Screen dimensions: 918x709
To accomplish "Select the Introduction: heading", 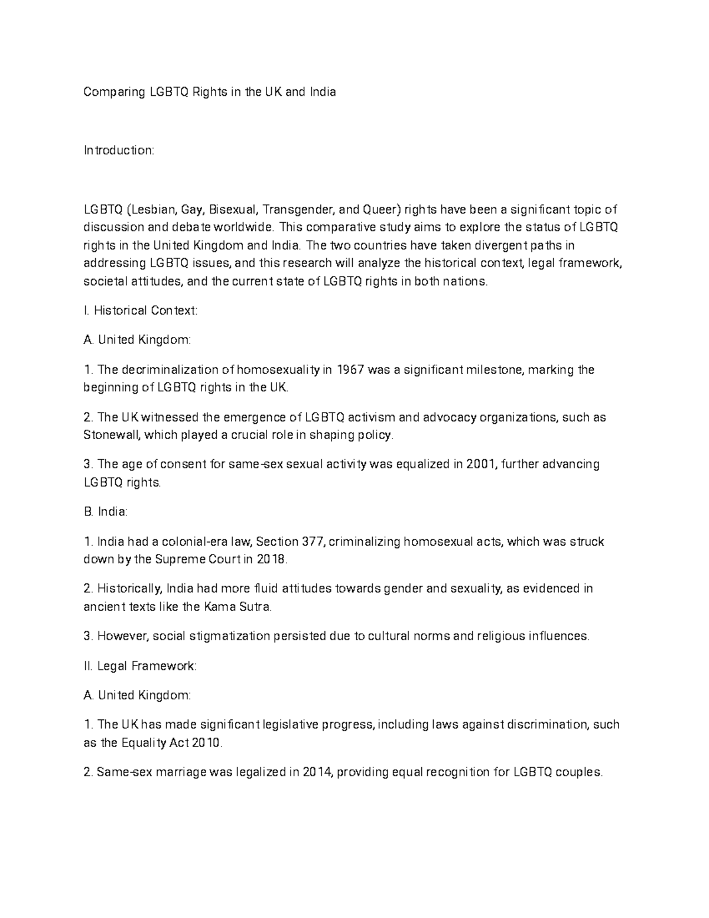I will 119,151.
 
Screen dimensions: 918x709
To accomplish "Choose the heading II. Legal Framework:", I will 140,666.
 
